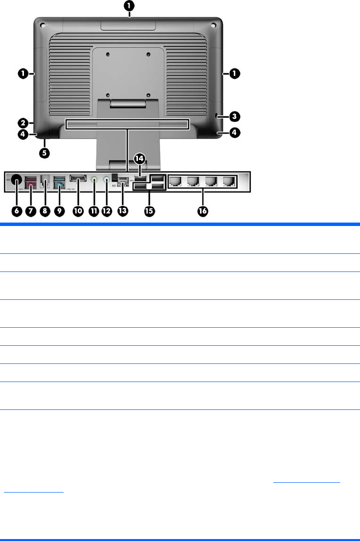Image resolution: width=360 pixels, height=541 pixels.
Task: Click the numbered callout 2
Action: tap(22, 121)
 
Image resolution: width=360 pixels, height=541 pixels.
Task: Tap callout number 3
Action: tap(235, 116)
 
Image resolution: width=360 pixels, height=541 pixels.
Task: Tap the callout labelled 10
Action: tap(78, 211)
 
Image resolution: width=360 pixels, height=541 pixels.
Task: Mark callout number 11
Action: tap(94, 211)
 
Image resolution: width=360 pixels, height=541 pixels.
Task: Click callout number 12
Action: tap(107, 211)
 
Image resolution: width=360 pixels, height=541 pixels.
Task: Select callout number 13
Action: tap(123, 211)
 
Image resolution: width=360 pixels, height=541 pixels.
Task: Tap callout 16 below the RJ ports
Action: tap(202, 211)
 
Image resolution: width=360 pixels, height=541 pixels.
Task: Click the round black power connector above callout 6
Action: tap(16, 180)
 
